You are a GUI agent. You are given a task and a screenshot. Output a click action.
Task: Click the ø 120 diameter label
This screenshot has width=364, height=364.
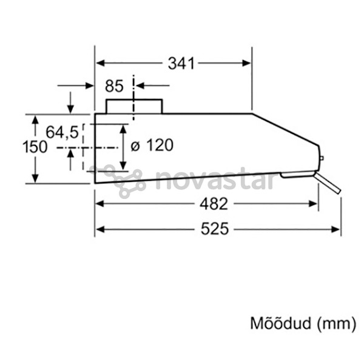pos(152,145)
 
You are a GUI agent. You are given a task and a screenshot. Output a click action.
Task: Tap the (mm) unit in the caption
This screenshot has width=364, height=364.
pos(335,323)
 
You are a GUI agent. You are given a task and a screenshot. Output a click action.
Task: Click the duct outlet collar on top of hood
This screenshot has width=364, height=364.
pos(134,106)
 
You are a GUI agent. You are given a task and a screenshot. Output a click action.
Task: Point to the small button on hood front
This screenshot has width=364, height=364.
pos(321,160)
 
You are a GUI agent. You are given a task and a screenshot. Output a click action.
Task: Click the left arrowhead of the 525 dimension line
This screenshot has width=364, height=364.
pos(99,229)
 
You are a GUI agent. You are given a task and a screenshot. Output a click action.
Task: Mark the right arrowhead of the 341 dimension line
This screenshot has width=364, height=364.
pos(246,63)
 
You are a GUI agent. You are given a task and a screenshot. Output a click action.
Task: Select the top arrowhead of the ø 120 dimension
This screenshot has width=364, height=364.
pos(124,129)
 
